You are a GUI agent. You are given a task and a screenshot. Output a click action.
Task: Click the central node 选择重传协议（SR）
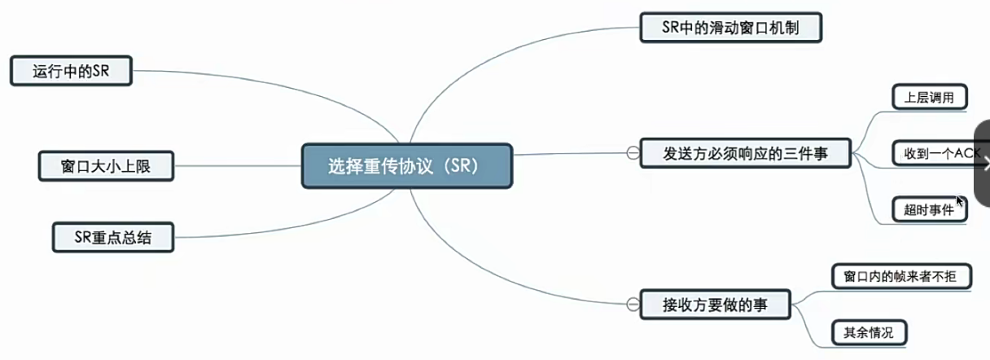407,166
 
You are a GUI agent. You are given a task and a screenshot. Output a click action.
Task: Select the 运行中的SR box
71,71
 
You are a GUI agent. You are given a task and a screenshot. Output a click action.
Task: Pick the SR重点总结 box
112,237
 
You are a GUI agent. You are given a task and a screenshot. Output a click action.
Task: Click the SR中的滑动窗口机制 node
730,29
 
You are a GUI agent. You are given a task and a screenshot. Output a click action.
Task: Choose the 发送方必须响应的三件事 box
745,152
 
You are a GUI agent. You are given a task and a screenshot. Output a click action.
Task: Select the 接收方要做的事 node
716,305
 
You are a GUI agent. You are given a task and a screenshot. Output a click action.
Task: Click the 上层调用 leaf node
929,98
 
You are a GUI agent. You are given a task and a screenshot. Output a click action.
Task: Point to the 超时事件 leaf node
928,209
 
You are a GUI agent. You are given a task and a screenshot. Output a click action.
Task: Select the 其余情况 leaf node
869,332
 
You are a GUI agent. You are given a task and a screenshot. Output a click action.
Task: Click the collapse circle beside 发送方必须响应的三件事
631,152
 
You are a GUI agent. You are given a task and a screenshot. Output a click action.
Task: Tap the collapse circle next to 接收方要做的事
631,305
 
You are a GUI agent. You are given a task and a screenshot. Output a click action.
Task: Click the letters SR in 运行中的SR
100,71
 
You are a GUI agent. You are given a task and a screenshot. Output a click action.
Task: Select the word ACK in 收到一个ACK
967,152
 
